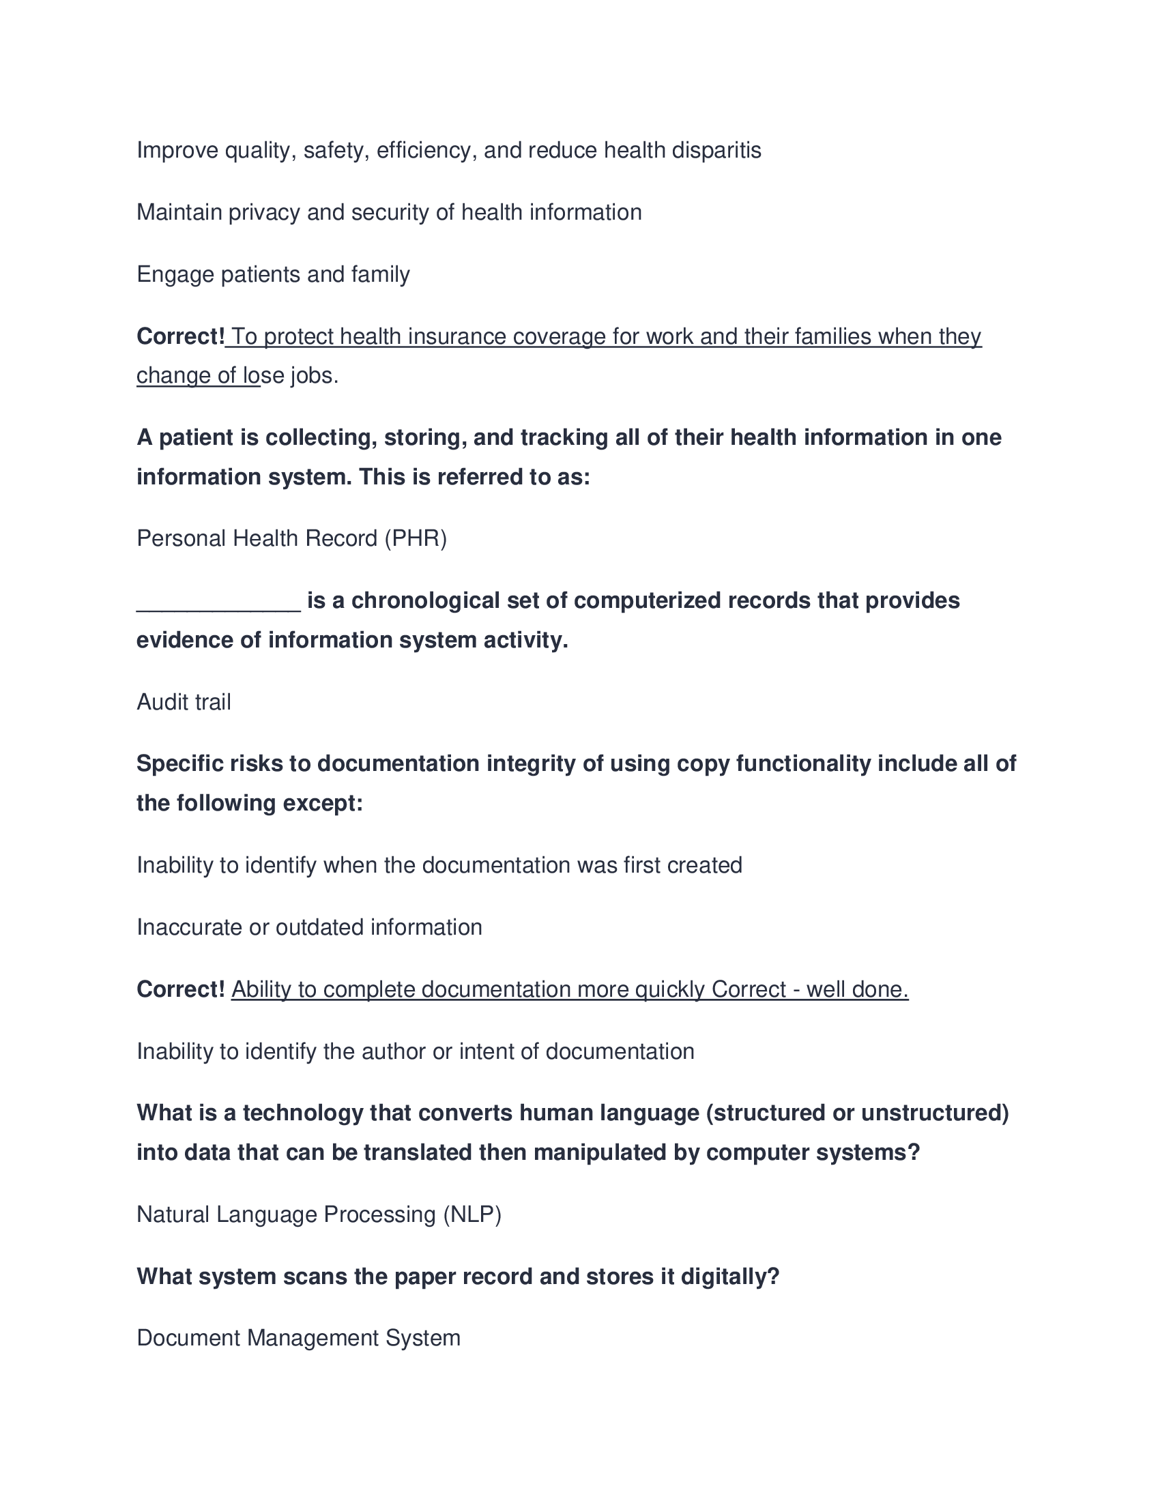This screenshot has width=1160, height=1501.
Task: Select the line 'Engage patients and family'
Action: [273, 274]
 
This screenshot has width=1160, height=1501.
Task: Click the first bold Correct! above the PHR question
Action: [181, 337]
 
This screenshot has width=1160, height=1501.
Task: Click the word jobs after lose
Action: [315, 376]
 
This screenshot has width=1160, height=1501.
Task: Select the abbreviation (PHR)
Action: [416, 538]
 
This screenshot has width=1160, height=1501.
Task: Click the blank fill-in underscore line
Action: [218, 602]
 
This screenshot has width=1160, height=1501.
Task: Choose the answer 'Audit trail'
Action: [184, 701]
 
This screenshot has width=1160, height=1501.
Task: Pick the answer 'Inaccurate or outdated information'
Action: [309, 927]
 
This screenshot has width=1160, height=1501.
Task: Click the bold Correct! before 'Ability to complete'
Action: [181, 989]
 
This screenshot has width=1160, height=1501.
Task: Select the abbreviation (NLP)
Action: [472, 1214]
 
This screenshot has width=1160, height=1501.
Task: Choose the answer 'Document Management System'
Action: [298, 1338]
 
